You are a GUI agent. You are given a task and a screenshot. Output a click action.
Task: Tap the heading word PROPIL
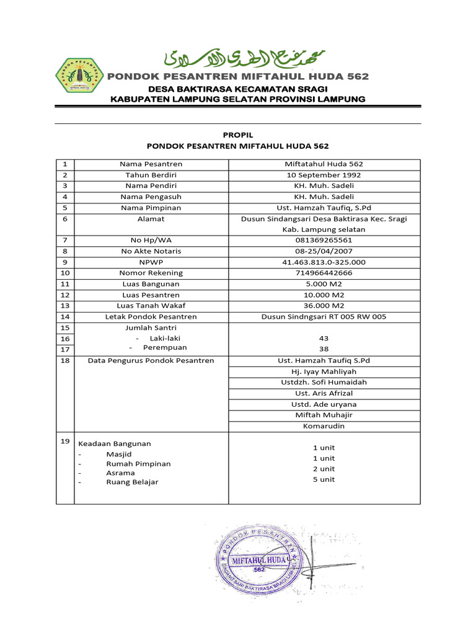pyautogui.click(x=238, y=135)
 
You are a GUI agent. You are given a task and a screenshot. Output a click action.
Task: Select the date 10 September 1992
pyautogui.click(x=324, y=175)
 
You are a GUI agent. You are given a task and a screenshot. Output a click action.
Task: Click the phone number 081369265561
pyautogui.click(x=324, y=240)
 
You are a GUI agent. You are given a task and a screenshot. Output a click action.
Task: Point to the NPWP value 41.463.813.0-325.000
pyautogui.click(x=324, y=262)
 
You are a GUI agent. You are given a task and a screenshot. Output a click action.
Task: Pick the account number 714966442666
pyautogui.click(x=324, y=273)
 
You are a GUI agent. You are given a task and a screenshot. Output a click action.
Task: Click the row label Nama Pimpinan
pyautogui.click(x=151, y=208)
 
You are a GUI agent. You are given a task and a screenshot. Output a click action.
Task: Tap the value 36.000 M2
pyautogui.click(x=324, y=306)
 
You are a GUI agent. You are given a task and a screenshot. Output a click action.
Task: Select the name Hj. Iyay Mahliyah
pyautogui.click(x=324, y=371)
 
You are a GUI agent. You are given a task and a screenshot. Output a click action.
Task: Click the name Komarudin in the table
pyautogui.click(x=324, y=427)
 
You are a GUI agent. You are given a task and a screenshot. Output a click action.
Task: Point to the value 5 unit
pyautogui.click(x=324, y=479)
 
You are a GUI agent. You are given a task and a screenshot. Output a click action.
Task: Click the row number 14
pyautogui.click(x=65, y=316)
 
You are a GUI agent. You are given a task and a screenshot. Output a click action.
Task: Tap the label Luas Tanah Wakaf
pyautogui.click(x=151, y=306)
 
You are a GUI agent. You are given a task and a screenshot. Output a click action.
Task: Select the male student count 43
pyautogui.click(x=324, y=338)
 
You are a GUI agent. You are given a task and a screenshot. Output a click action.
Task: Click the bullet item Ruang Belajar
pyautogui.click(x=132, y=482)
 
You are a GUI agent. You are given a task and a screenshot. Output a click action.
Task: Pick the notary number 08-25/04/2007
pyautogui.click(x=324, y=251)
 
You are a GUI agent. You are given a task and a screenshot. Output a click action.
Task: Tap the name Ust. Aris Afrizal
pyautogui.click(x=324, y=393)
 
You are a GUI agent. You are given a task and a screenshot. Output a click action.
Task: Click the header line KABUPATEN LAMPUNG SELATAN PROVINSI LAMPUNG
pyautogui.click(x=238, y=99)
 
